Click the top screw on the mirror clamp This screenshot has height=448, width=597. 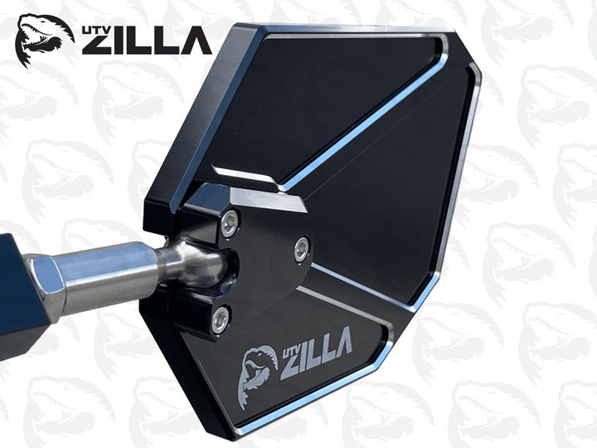(x=230, y=220)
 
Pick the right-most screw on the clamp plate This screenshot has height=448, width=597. (x=302, y=246)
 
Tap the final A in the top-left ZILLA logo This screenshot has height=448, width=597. (x=196, y=41)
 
